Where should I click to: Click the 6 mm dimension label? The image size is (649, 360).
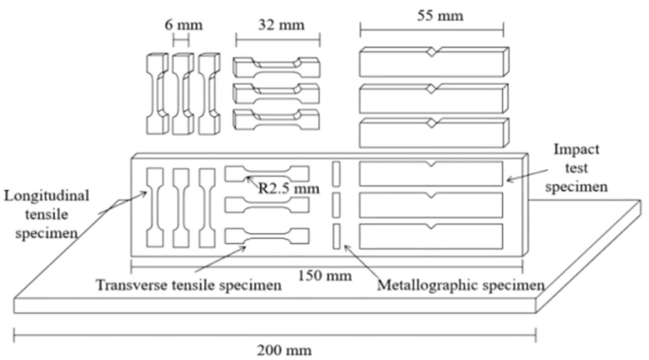point(183,25)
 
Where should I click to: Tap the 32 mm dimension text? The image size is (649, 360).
point(281,25)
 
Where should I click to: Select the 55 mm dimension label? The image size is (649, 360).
point(440,16)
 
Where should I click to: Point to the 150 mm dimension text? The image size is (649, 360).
point(325,275)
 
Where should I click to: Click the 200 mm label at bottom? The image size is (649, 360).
point(284,350)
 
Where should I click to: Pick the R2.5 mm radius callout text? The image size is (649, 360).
point(289,188)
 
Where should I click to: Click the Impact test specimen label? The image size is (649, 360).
point(576,168)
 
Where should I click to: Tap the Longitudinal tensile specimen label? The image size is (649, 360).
point(47,214)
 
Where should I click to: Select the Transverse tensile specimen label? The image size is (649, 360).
point(189,285)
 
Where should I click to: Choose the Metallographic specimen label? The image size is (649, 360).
point(461,285)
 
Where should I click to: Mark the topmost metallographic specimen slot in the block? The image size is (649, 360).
point(336,173)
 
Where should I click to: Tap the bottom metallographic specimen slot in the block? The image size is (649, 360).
point(336,236)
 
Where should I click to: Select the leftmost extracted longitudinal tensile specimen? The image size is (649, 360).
point(157,94)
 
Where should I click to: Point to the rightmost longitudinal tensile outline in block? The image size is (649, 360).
point(207,207)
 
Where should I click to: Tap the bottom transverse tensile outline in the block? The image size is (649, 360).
point(266,236)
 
